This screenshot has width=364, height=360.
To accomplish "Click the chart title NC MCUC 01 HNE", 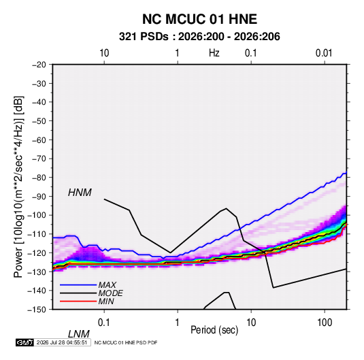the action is [199, 19].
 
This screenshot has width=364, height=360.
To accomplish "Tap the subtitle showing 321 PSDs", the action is [199, 37].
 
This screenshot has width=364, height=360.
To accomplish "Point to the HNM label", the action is [80, 193].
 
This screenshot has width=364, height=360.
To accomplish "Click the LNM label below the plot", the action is [78, 334].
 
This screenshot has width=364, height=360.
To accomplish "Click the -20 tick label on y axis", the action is [39, 65].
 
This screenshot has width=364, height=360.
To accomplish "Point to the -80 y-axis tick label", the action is [39, 178].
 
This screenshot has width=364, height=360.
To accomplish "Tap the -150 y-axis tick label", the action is [37, 310].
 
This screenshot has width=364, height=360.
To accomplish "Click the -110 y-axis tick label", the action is [37, 234].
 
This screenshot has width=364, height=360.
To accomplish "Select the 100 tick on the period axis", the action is [325, 323].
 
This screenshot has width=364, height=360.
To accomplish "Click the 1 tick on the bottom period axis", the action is [178, 323].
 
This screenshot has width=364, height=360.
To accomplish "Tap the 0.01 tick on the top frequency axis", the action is [324, 53].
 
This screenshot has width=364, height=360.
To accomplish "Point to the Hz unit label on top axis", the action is [214, 53].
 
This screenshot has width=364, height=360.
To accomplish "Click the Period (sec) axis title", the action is [214, 330].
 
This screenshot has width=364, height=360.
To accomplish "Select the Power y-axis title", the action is [18, 187].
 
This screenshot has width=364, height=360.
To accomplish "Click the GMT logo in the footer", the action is [24, 342].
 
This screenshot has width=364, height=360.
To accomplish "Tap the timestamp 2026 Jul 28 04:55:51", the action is [62, 342].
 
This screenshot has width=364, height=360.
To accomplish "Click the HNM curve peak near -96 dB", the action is [226, 208].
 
